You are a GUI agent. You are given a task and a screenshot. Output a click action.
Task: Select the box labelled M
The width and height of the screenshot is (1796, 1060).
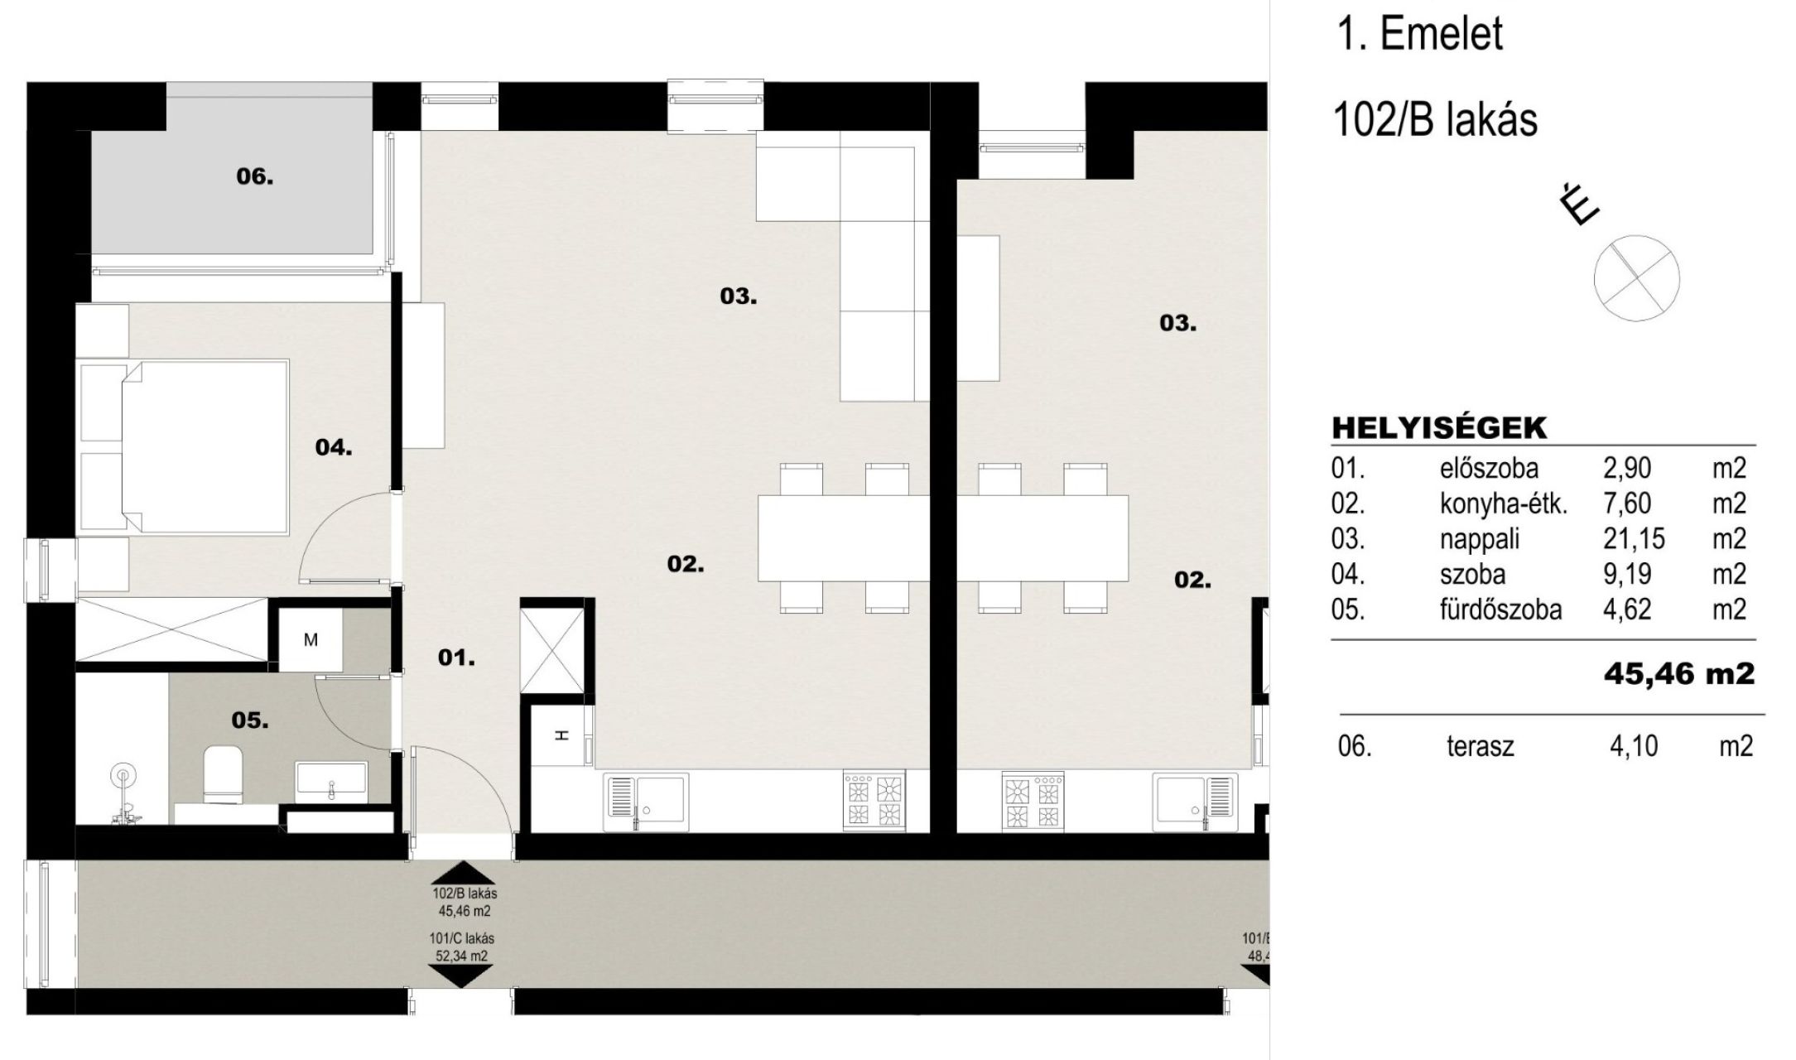311,639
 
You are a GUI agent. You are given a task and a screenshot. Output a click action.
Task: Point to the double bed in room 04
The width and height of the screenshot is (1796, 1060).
183,446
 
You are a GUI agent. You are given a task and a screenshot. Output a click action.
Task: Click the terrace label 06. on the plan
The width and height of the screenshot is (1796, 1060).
255,176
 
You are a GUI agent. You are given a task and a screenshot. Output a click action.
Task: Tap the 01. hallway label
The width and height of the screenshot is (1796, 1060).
456,658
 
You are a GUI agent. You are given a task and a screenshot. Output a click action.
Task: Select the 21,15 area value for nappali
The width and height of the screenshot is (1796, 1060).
1634,539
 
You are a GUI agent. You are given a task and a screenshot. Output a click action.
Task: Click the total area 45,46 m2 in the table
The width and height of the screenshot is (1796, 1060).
1679,673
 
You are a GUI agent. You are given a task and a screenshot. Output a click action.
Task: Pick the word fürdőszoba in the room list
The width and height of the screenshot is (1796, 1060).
1500,609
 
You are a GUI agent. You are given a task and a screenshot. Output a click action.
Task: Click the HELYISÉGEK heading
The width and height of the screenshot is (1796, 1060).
1439,428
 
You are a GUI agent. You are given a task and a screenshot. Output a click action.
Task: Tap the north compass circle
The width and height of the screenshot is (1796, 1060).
1637,277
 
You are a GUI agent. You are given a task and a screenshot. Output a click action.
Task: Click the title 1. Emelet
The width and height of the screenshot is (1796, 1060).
1419,35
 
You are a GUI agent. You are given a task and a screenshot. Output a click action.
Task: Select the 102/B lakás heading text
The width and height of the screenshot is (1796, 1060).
1435,120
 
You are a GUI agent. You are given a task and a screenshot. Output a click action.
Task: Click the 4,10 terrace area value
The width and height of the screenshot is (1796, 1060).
1634,746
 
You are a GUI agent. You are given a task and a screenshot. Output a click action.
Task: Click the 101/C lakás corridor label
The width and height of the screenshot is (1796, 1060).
462,939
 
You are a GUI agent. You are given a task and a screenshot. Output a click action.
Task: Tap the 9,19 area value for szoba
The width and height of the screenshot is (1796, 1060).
1627,574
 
